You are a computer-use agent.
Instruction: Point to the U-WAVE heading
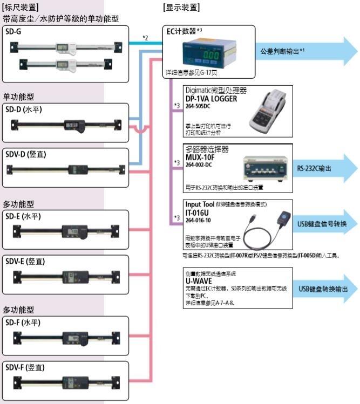[199, 282]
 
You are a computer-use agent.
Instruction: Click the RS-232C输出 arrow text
[315, 167]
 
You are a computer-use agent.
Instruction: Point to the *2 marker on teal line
[145, 37]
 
